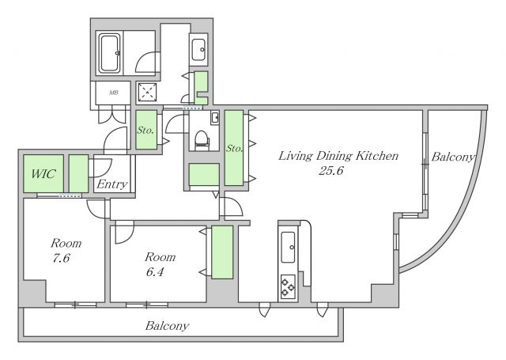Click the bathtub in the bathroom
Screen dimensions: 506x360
coord(109,53)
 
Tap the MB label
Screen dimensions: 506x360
coord(113,93)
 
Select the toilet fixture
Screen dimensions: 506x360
coord(202,141)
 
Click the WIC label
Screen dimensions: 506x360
coord(43,174)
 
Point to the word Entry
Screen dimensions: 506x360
coord(112,184)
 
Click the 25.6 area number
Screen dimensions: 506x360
coord(331,170)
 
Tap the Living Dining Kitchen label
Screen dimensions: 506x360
coord(338,156)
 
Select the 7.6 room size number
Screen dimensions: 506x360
coord(62,258)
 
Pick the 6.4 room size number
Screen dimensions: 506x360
coord(155,272)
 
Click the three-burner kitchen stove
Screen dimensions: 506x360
coord(288,287)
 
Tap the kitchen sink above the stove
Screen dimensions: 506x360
coord(288,248)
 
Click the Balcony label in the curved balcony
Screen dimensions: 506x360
coord(453,157)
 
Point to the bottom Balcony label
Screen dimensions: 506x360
coord(167,325)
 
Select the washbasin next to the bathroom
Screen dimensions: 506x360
coord(198,50)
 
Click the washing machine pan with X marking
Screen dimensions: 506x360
coord(148,92)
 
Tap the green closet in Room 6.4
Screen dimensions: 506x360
coord(222,252)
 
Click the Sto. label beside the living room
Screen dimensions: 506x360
coord(234,149)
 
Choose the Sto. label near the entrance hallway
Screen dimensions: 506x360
coord(145,130)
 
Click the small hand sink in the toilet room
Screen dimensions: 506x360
coord(215,118)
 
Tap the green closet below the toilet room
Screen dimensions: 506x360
coord(204,174)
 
